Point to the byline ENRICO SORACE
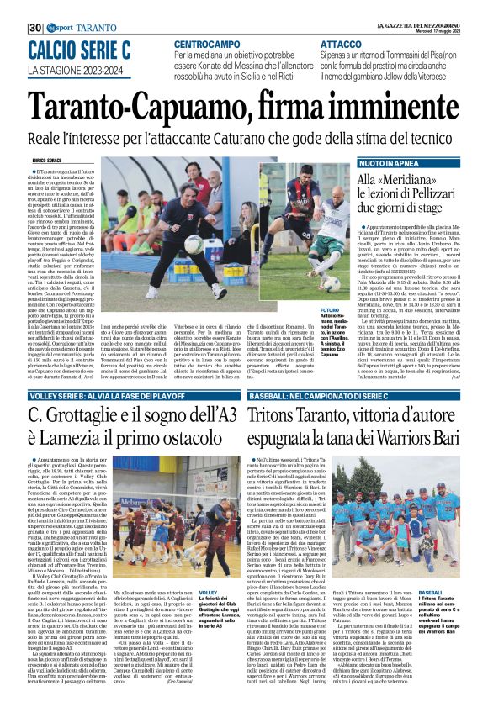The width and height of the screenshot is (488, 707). pos(50,159)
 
